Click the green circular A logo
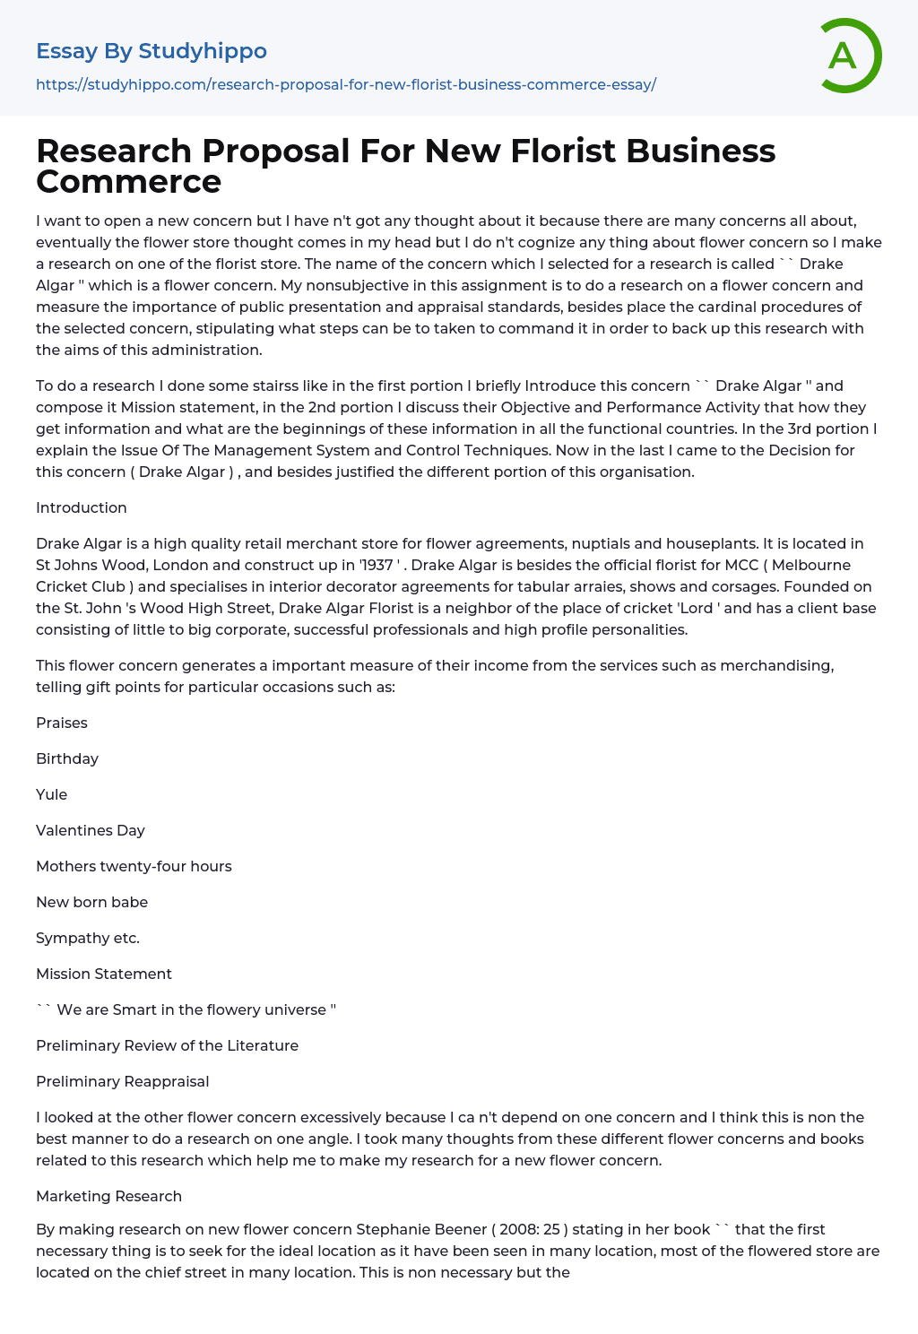tap(850, 56)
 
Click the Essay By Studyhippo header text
tap(152, 51)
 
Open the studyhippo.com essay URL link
tap(346, 84)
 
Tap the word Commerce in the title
tap(128, 182)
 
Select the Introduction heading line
tap(82, 507)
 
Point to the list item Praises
tap(62, 723)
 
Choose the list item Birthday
tap(67, 758)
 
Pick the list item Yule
tap(52, 794)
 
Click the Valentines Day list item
tap(91, 830)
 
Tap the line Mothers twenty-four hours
tap(134, 866)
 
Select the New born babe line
tap(91, 902)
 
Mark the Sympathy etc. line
tap(88, 938)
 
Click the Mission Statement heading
tap(104, 974)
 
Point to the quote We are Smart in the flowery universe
tap(186, 1009)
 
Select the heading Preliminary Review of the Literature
tap(167, 1045)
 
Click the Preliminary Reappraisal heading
tap(122, 1081)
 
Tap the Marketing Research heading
tap(108, 1196)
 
